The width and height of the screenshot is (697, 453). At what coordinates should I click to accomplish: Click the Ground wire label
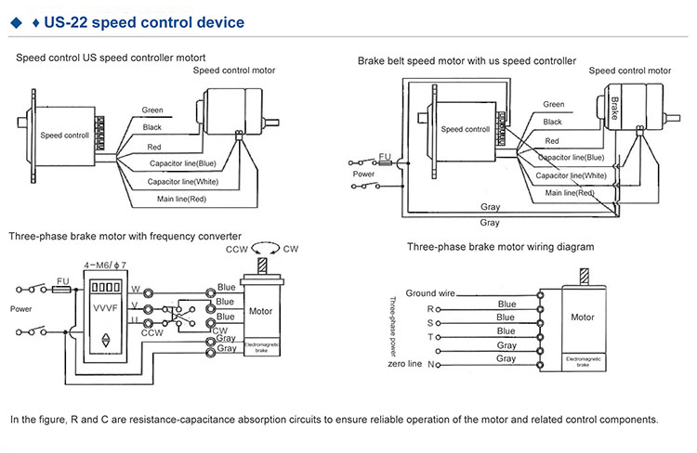[x=429, y=293]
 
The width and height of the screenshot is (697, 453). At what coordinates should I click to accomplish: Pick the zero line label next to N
[x=405, y=364]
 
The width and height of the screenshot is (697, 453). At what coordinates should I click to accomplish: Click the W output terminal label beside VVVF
[x=135, y=288]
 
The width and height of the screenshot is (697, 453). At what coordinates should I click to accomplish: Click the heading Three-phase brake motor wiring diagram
[x=501, y=247]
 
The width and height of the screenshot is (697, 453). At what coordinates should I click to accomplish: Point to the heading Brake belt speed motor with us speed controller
[x=467, y=61]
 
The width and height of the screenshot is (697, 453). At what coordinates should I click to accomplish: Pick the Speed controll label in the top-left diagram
[x=65, y=135]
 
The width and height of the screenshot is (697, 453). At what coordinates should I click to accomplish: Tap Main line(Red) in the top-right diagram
[x=570, y=192]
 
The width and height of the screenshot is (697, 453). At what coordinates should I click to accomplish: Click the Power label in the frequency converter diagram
[x=20, y=307]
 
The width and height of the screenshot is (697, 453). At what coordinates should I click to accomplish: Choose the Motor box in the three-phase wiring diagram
[x=583, y=317]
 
